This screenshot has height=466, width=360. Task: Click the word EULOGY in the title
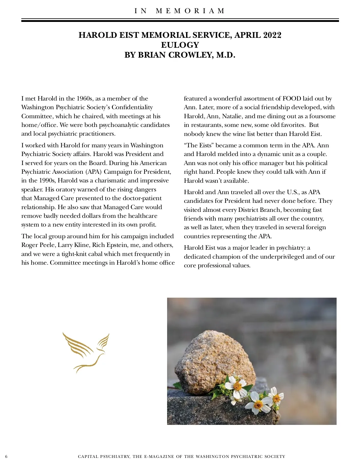point(180,45)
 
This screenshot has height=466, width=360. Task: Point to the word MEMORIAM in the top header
point(190,11)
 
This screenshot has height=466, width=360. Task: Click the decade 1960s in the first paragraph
point(85,98)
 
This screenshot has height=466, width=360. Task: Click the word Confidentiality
point(132,107)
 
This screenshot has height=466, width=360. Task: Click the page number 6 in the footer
point(6,456)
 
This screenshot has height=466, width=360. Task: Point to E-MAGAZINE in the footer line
point(159,456)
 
